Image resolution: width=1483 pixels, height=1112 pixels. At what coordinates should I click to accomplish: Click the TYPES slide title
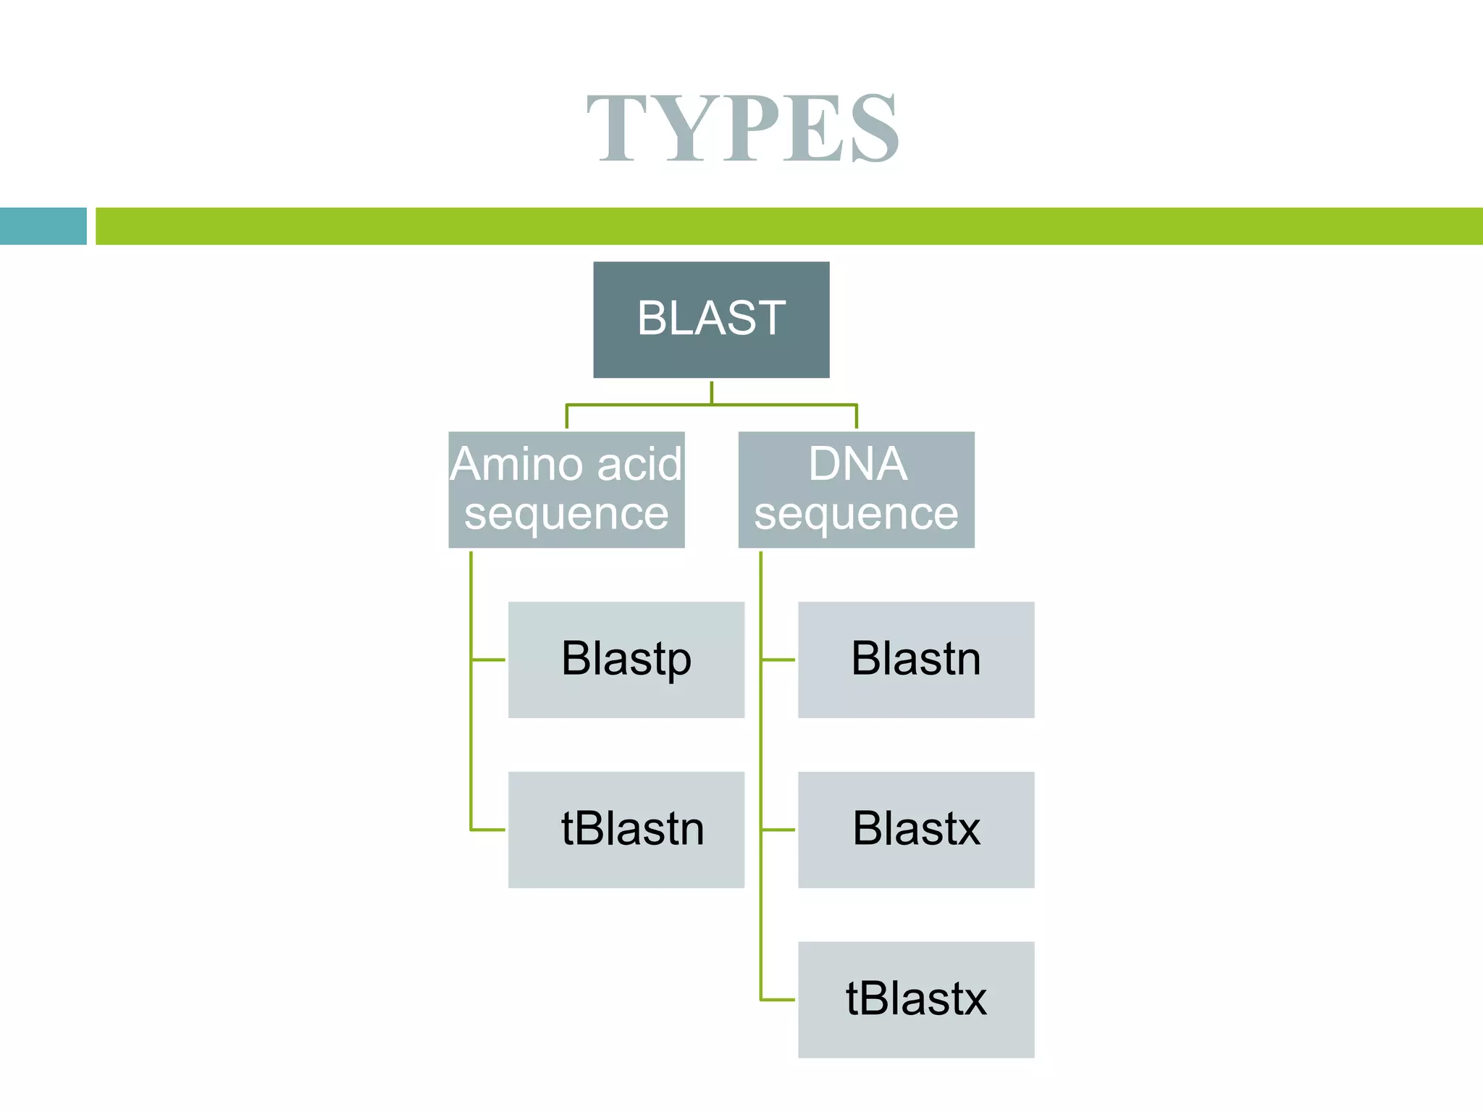(743, 129)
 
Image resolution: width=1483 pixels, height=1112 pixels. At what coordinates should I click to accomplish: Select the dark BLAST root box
(711, 319)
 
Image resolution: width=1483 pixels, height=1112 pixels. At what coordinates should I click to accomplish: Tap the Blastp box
(626, 660)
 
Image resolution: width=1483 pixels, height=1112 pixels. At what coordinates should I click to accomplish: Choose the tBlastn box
(626, 830)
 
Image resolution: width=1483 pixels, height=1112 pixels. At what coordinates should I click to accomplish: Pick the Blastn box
(916, 660)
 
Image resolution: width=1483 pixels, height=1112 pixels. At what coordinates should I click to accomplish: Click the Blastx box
(916, 830)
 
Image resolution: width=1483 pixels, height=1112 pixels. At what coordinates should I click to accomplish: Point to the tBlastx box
(916, 1000)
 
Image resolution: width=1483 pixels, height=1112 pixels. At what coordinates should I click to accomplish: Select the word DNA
(857, 464)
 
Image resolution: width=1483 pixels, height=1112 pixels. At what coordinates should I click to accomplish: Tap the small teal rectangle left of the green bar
(43, 226)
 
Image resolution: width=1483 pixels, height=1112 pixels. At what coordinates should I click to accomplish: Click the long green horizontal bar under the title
(789, 226)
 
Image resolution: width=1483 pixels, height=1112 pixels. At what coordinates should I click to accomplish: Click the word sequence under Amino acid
(566, 515)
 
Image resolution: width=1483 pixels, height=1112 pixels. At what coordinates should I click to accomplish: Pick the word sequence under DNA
(856, 515)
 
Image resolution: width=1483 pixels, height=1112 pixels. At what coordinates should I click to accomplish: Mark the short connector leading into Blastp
(489, 660)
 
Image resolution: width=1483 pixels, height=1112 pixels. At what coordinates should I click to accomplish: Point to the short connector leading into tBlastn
(489, 830)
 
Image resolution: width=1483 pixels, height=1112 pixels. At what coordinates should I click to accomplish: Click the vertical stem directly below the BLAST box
(712, 392)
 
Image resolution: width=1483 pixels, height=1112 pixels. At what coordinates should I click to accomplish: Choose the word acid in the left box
(640, 464)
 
